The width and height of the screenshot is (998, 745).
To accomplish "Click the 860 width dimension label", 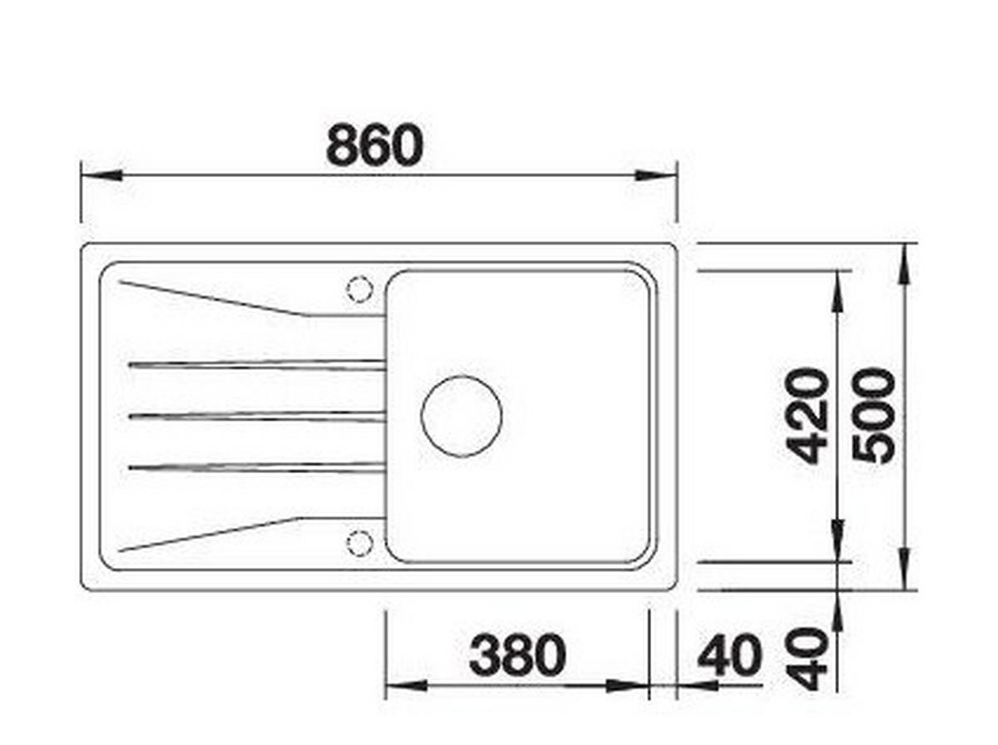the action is coord(374,144).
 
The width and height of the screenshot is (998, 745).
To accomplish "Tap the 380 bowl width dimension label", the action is coord(517,655).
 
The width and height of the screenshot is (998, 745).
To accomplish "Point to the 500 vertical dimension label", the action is coord(874,417).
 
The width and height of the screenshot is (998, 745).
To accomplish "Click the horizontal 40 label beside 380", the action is coord(729,655).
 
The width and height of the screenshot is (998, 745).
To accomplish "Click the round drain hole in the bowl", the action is coord(461,416).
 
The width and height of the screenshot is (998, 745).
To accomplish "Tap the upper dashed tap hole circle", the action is coord(359,289).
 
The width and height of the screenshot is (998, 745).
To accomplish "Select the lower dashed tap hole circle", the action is coord(359,543).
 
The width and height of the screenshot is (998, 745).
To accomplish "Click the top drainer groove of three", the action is coord(257,365).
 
